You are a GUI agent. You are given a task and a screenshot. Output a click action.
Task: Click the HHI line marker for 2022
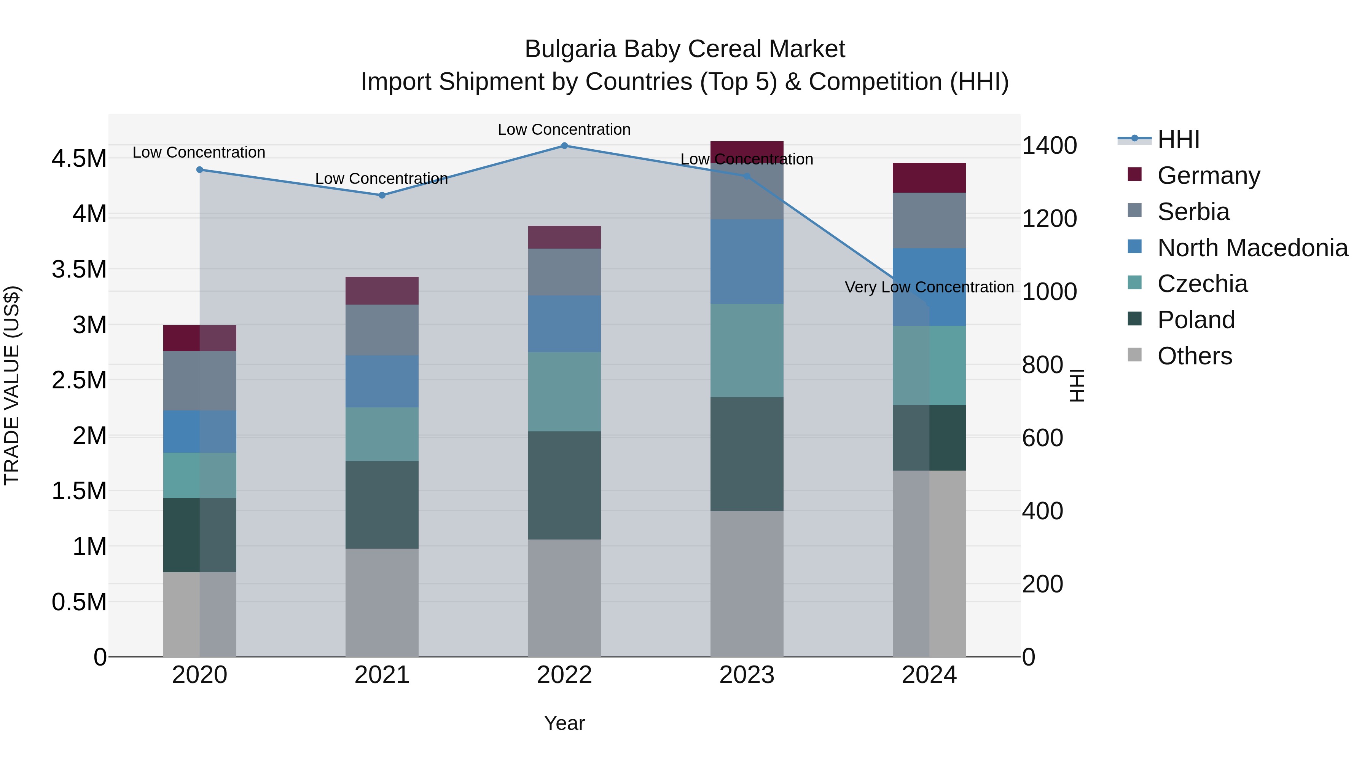tap(564, 145)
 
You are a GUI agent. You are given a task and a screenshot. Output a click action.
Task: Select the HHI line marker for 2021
tap(382, 195)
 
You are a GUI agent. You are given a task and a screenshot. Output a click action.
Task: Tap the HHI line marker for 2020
tap(199, 170)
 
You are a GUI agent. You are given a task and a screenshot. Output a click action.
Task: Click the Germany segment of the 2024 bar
tap(929, 178)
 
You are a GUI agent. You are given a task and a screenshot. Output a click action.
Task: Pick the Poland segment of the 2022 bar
tap(564, 485)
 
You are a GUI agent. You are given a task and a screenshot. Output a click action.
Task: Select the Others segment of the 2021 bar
tap(382, 602)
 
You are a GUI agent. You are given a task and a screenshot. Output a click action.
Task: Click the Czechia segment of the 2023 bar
tap(747, 350)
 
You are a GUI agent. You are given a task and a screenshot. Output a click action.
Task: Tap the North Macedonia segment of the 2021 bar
tap(382, 382)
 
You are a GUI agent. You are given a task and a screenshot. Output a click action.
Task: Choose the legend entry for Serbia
tap(1193, 212)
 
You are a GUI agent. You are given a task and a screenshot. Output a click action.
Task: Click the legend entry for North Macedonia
tap(1252, 248)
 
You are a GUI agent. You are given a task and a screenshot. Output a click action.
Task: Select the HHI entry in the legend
tap(1178, 139)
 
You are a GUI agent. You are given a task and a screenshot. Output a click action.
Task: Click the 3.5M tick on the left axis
tap(79, 269)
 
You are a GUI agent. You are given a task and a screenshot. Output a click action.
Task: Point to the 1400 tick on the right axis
tap(1049, 145)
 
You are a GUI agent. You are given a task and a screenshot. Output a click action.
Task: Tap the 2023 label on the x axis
tap(747, 675)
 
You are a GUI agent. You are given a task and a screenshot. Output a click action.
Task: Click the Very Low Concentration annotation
tap(929, 287)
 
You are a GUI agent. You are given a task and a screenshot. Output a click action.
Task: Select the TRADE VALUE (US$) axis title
tap(12, 385)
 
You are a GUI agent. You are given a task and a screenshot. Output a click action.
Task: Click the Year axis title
tap(564, 723)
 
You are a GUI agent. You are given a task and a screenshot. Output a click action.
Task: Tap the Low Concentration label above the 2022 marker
tap(564, 129)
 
